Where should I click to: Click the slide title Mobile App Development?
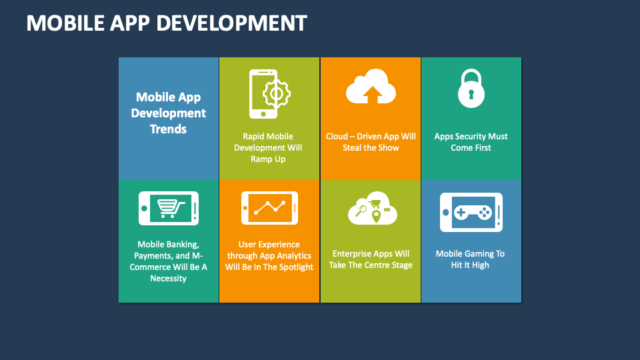pos(167,23)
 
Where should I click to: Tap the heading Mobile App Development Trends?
pos(168,113)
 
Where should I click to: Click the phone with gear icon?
pos(269,93)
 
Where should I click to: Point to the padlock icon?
pos(471,89)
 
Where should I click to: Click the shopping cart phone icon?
pos(168,209)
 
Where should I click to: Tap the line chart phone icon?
pos(269,208)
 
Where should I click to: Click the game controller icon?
pos(471,212)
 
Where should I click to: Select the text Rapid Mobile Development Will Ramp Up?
pos(269,148)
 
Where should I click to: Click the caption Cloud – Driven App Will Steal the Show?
pos(371,142)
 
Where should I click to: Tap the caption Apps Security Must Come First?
pos(471,142)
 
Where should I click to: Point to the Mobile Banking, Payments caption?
pos(168,261)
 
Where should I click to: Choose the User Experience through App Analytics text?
pos(269,256)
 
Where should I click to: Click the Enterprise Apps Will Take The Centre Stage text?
pos(371,259)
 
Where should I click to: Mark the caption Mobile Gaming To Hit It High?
pos(471,259)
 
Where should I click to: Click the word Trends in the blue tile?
pos(168,129)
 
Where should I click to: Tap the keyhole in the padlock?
pos(471,95)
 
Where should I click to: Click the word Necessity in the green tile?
pos(168,279)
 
